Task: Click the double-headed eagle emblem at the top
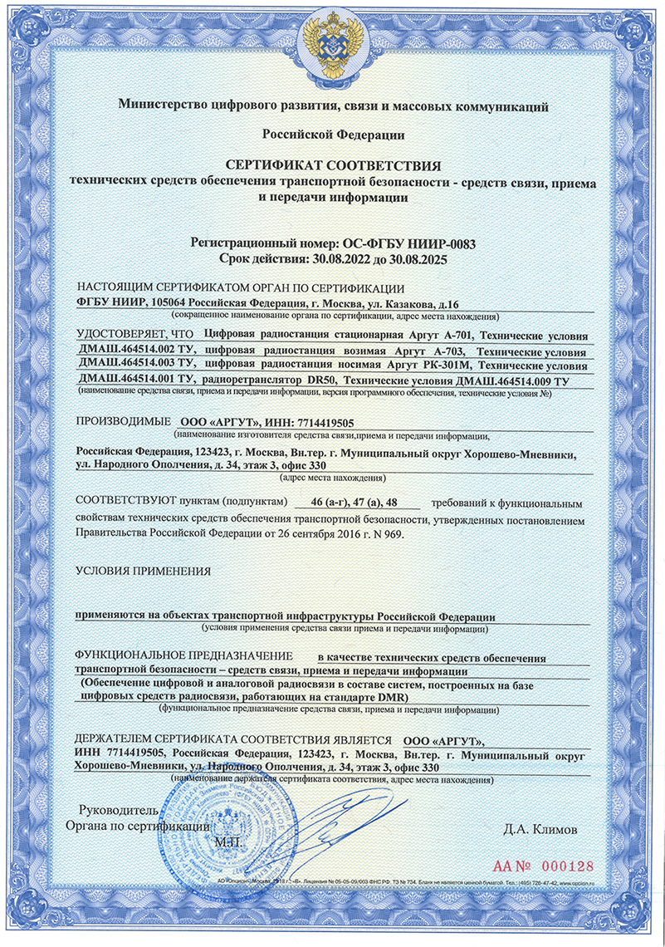332,50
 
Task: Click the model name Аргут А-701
452,335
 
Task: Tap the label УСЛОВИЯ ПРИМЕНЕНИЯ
142,572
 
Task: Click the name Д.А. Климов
540,829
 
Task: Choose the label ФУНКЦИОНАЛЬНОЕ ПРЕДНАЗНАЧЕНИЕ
185,656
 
